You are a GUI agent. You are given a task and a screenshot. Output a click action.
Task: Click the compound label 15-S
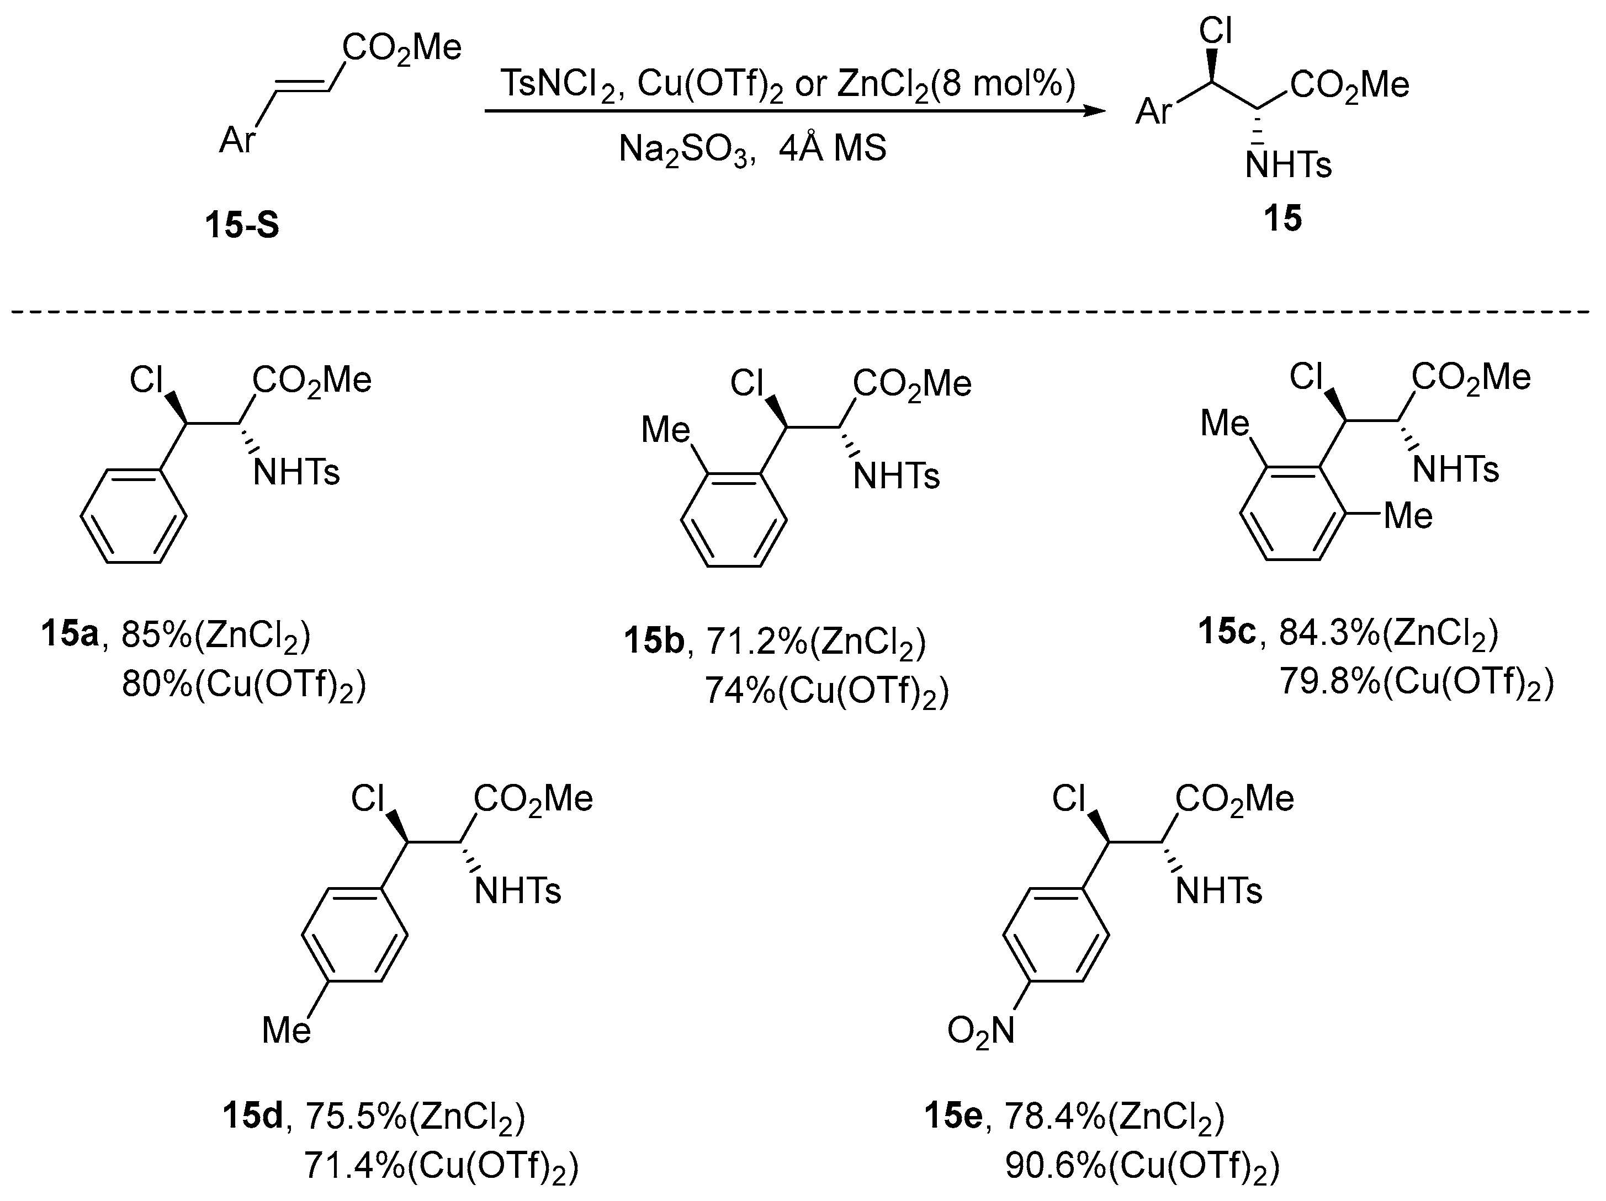(242, 225)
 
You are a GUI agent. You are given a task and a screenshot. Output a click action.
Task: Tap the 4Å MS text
(833, 149)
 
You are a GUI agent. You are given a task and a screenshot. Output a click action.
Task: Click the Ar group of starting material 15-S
(237, 140)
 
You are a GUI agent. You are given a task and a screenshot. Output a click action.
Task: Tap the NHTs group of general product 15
(1288, 166)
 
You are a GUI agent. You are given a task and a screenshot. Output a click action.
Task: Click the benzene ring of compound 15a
(134, 516)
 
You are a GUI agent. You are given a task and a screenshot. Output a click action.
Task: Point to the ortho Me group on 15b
(665, 430)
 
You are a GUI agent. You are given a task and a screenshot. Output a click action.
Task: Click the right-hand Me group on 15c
(1408, 516)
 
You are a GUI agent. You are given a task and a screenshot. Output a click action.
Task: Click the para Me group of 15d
(287, 1030)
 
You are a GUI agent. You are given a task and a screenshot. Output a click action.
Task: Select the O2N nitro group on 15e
(980, 1031)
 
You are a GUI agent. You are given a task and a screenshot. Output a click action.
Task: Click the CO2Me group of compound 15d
(533, 799)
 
